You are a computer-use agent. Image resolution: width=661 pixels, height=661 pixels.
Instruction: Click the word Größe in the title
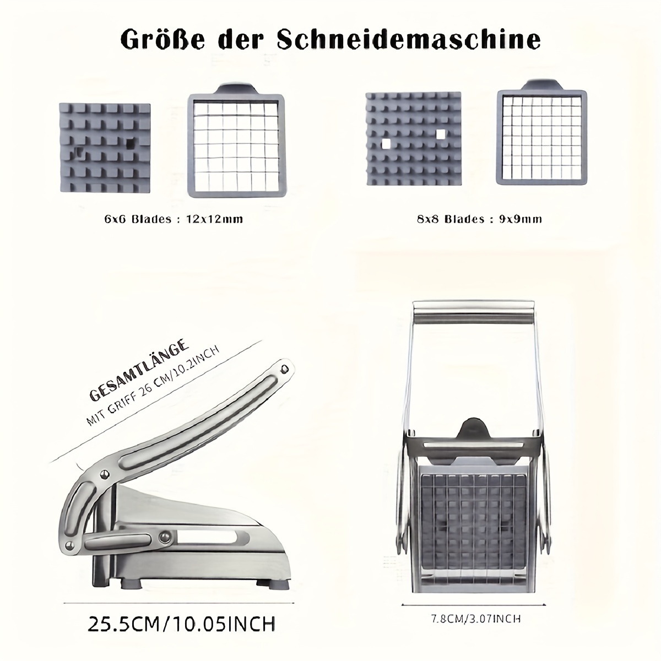pyautogui.click(x=163, y=41)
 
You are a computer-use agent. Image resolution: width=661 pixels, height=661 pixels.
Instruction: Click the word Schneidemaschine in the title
pyautogui.click(x=408, y=40)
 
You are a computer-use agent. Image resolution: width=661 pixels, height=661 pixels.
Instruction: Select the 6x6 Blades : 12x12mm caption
pyautogui.click(x=174, y=219)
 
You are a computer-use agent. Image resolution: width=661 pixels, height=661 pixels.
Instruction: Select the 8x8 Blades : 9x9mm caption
pyautogui.click(x=480, y=219)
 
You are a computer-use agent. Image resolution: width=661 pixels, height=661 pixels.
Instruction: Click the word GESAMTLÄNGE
pyautogui.click(x=139, y=370)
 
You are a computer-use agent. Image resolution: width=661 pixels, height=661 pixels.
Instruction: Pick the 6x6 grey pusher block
pyautogui.click(x=105, y=148)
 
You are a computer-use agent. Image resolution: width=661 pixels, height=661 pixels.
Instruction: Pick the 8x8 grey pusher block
pyautogui.click(x=413, y=139)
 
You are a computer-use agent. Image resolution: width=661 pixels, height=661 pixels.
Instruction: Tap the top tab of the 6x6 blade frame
pyautogui.click(x=237, y=89)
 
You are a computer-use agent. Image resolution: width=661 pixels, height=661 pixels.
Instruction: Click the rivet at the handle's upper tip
pyautogui.click(x=284, y=369)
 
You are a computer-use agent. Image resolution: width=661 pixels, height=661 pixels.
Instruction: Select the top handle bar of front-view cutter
pyautogui.click(x=474, y=313)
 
